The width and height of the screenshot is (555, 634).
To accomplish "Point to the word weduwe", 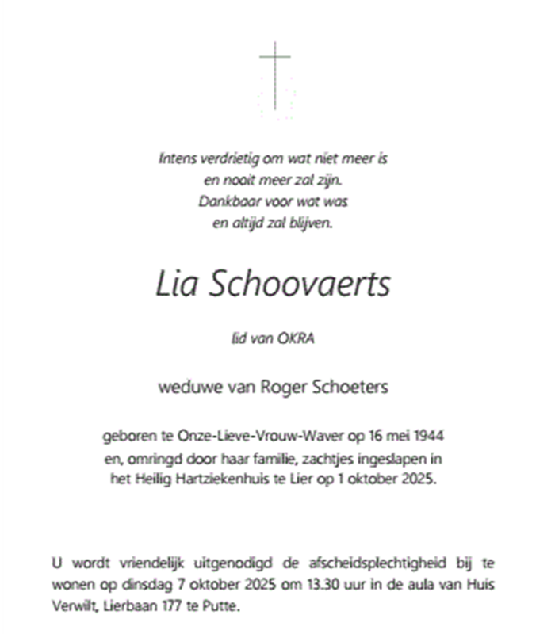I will pyautogui.click(x=182, y=388).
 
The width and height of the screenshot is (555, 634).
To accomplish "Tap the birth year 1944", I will pyautogui.click(x=429, y=436).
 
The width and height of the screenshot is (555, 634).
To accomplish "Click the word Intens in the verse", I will pyautogui.click(x=177, y=158).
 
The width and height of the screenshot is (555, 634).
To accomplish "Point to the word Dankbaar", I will pyautogui.click(x=224, y=201).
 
